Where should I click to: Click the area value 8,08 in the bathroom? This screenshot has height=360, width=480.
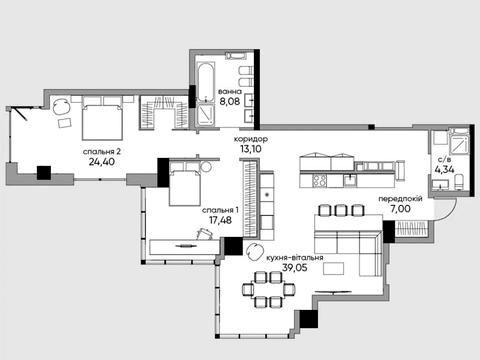[x=230, y=101]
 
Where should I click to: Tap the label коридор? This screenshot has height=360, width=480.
[x=251, y=139]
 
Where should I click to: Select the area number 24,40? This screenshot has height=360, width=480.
[x=102, y=162]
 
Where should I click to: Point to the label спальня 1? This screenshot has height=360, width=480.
[x=220, y=210]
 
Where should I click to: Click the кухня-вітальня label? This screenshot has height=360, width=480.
[x=295, y=258]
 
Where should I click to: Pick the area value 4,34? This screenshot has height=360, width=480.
[x=444, y=170]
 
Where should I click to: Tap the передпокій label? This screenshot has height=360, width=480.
[x=400, y=199]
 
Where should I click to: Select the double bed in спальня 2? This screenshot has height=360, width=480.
[x=102, y=118]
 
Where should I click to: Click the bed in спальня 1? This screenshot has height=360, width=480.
[x=185, y=184]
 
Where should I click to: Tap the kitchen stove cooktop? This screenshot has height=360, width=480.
[x=319, y=181]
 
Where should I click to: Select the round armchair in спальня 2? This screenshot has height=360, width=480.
[x=62, y=107]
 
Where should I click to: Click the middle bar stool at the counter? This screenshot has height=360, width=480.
[x=341, y=210]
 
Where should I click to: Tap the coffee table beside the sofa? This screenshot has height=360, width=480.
[x=333, y=268]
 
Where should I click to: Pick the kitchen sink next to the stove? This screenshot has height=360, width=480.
[x=349, y=180]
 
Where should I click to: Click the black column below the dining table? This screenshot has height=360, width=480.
[x=309, y=319]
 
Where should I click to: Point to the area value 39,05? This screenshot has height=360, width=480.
[x=295, y=267]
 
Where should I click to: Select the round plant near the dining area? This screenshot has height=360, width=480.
[x=254, y=252]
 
